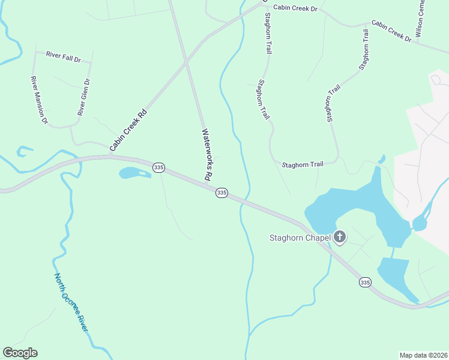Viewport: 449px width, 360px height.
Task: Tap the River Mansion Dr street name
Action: (x=39, y=100)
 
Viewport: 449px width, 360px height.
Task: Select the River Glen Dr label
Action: (x=83, y=97)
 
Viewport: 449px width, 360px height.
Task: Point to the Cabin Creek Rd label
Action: (x=128, y=130)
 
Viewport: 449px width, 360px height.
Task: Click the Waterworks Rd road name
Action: (x=207, y=155)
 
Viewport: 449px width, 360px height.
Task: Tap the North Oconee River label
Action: (x=71, y=303)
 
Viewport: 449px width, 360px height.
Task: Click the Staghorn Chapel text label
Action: (x=299, y=238)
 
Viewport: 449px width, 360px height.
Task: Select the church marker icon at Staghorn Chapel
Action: (x=340, y=237)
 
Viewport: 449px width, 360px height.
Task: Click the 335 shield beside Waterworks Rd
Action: (x=221, y=193)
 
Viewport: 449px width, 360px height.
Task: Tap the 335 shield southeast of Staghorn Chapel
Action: (x=365, y=281)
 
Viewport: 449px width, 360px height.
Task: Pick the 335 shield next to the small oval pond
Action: (x=158, y=167)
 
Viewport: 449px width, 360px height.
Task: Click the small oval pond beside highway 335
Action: (x=133, y=173)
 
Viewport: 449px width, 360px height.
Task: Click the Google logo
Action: (x=20, y=353)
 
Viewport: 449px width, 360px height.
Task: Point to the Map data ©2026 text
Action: (x=423, y=355)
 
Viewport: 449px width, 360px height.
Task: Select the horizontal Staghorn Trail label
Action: (x=303, y=164)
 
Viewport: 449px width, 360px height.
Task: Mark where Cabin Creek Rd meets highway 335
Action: (x=110, y=156)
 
